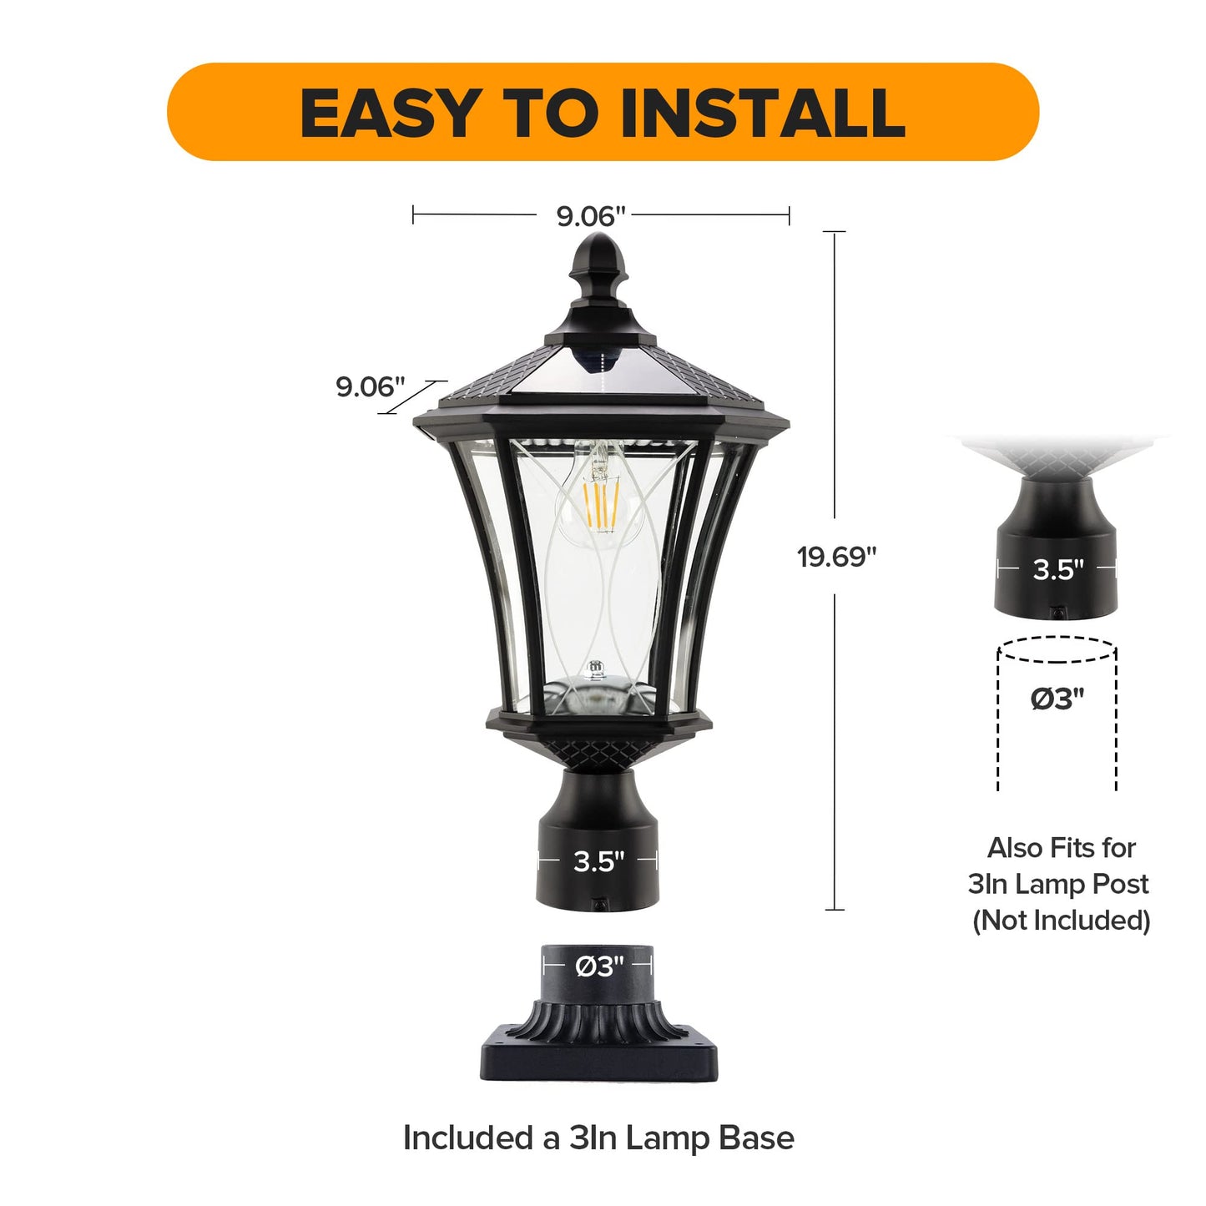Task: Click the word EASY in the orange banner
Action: (391, 113)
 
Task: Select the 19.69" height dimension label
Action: (837, 557)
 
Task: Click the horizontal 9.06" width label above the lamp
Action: (591, 216)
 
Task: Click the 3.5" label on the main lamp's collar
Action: (599, 862)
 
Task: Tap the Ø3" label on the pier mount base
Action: (599, 967)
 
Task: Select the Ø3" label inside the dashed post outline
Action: (1057, 699)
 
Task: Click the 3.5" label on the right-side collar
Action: (1057, 569)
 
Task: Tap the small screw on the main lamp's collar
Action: (599, 905)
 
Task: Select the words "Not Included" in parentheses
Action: (1062, 921)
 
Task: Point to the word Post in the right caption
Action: (1120, 884)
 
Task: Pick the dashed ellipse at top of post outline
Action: (1057, 650)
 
